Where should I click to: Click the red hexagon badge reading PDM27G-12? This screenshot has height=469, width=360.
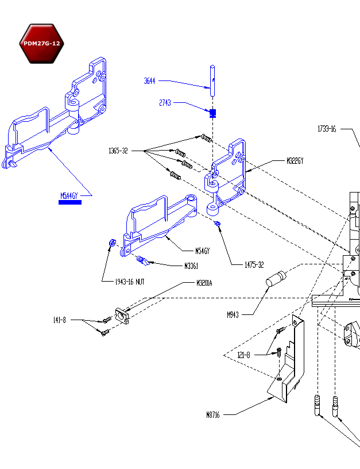point(41,44)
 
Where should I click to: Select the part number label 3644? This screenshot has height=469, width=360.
point(149,81)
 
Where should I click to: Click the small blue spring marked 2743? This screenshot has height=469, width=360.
point(212,112)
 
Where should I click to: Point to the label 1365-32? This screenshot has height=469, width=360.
point(118,151)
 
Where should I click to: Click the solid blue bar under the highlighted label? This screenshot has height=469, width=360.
point(70,202)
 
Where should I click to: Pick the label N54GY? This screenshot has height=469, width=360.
point(203,251)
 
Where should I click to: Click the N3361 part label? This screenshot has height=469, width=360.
point(191,266)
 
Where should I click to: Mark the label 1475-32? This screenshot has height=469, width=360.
point(254,264)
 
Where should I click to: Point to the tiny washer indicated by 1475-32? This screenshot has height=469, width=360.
point(217,224)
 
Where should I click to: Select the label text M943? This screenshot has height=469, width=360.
point(233,314)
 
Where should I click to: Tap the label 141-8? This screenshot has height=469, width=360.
point(60,320)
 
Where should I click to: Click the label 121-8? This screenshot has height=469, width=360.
point(244,355)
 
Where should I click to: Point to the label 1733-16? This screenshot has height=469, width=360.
point(327,129)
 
